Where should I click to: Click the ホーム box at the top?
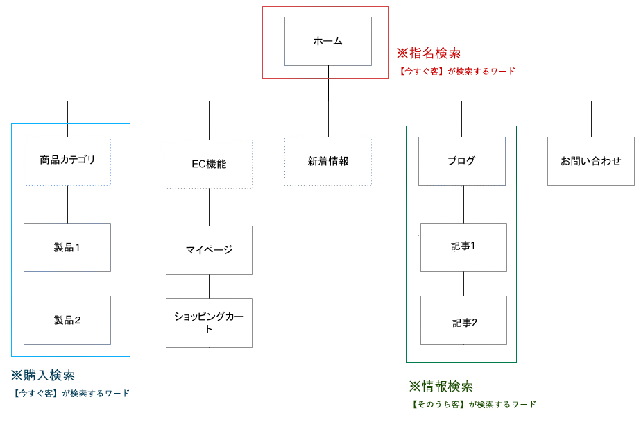328,41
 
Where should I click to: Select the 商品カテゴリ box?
67,161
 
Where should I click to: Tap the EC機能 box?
209,164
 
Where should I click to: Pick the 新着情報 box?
328,161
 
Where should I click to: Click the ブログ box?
462,161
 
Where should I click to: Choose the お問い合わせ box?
591,161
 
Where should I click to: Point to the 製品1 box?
67,247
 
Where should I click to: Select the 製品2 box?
67,320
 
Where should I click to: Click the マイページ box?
209,250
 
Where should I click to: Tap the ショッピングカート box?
209,323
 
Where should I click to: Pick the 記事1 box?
463,247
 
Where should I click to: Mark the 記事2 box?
463,320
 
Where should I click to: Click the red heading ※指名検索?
429,53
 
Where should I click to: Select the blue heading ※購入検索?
43,375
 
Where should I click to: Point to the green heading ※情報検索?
441,386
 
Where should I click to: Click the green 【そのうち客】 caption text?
438,405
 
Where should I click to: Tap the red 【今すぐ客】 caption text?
421,71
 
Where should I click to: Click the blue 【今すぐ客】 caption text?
35,394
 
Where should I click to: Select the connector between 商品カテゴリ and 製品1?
67,205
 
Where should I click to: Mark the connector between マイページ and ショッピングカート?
210,287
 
